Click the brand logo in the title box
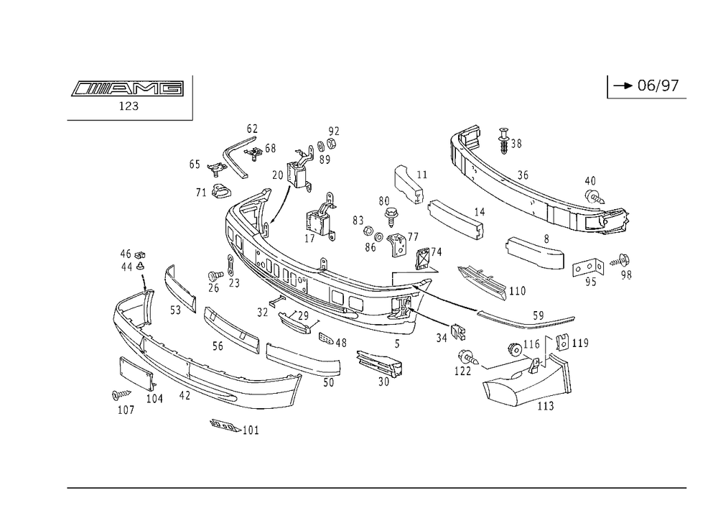tap(126, 90)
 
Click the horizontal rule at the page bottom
tap(376, 486)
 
